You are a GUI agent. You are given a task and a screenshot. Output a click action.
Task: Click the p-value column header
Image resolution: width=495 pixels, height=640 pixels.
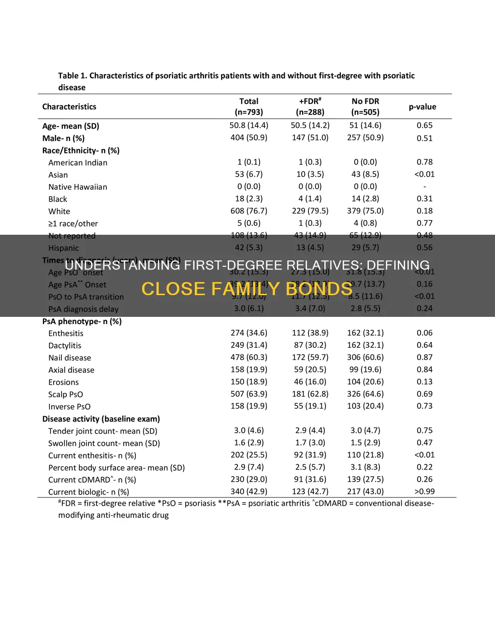pyautogui.click(x=422, y=107)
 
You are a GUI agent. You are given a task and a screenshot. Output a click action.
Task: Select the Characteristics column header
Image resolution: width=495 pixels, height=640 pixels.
pyautogui.click(x=69, y=107)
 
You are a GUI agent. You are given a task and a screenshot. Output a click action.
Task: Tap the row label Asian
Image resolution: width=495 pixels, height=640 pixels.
pyautogui.click(x=58, y=175)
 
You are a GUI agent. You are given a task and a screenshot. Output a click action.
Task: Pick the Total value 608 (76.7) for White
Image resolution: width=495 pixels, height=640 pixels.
pyautogui.click(x=248, y=211)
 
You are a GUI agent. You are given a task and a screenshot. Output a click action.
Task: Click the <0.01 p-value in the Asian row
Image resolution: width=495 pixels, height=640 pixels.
pyautogui.click(x=424, y=174)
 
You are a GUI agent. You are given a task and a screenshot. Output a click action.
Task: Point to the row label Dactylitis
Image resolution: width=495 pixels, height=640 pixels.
pyautogui.click(x=65, y=346)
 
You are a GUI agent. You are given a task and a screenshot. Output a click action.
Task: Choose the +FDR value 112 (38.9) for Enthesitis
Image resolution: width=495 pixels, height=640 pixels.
pyautogui.click(x=310, y=333)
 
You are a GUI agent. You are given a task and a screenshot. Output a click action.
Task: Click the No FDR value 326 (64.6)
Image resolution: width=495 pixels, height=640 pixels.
pyautogui.click(x=365, y=394)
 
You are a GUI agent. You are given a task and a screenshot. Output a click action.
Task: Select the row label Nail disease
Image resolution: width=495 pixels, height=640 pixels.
pyautogui.click(x=70, y=358)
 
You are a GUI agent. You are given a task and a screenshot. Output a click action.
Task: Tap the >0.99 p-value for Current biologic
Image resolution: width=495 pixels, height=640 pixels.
pyautogui.click(x=424, y=491)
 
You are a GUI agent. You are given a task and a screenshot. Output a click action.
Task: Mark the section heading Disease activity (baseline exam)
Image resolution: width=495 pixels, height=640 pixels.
pyautogui.click(x=101, y=419)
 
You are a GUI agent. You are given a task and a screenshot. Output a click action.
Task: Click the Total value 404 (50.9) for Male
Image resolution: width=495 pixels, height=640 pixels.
pyautogui.click(x=248, y=138)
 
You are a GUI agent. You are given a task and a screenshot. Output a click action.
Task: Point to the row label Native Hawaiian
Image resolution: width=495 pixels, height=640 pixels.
pyautogui.click(x=78, y=187)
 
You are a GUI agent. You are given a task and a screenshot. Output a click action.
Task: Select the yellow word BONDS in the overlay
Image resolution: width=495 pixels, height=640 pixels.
pyautogui.click(x=319, y=289)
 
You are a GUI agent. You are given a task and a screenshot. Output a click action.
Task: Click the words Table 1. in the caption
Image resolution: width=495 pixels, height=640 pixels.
pyautogui.click(x=73, y=76)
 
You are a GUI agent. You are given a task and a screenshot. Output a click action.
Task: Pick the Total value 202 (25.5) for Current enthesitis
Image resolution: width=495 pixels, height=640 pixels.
pyautogui.click(x=248, y=455)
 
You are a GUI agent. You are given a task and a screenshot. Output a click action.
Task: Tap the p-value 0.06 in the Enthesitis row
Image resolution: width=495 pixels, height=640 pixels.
pyautogui.click(x=424, y=333)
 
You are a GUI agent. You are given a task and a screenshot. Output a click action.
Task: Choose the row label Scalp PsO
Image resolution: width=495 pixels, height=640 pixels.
pyautogui.click(x=65, y=395)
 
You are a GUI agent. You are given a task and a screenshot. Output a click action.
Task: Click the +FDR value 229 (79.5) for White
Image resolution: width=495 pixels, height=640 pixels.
pyautogui.click(x=310, y=211)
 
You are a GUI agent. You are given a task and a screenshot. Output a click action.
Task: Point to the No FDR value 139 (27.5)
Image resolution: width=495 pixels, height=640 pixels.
pyautogui.click(x=365, y=479)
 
